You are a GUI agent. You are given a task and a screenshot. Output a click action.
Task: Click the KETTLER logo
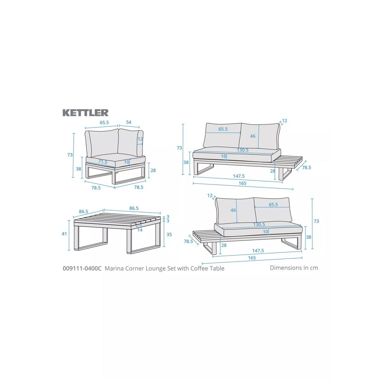[x=85, y=112]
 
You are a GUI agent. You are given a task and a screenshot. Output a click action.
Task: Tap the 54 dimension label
[x=129, y=122]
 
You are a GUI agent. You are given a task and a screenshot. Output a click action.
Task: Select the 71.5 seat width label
[x=103, y=162]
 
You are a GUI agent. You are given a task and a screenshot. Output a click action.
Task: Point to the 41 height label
[x=64, y=234]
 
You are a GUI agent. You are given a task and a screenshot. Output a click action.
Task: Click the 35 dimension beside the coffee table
[x=169, y=235]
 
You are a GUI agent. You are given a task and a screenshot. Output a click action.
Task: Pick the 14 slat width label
[x=140, y=230]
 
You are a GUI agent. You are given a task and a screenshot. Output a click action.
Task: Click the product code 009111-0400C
[x=82, y=268]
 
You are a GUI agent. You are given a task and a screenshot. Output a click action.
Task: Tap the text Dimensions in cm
[x=294, y=268]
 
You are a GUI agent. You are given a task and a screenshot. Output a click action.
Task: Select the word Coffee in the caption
[x=198, y=268]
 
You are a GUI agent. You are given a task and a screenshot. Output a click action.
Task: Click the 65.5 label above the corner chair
[x=104, y=122]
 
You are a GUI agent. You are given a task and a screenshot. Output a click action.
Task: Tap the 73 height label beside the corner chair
[x=70, y=155]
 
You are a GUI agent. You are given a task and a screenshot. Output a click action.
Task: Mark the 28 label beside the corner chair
[x=153, y=170]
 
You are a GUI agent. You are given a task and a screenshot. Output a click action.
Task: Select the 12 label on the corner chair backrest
[x=140, y=139]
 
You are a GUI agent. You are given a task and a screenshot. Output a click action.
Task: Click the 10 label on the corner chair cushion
[x=127, y=162]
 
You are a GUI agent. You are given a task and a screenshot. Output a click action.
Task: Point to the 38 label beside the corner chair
[x=78, y=169]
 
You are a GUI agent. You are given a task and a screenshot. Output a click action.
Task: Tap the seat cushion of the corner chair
[x=116, y=160]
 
